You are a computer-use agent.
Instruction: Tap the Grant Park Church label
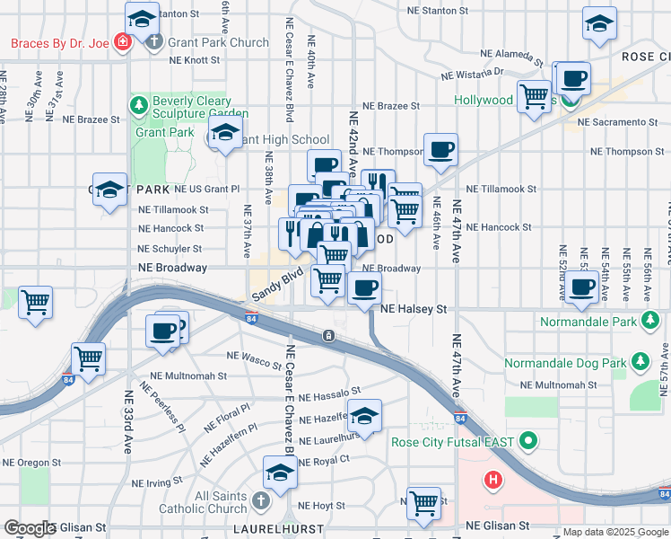218,42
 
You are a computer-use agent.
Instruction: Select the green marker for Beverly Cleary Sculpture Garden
138,108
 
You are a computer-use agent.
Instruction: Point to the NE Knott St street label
195,60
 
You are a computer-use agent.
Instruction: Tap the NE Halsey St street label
413,309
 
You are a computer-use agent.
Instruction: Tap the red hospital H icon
492,480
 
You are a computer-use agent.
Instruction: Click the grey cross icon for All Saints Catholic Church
260,500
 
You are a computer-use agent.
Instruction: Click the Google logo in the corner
30,527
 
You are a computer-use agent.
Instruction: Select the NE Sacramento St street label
618,121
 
